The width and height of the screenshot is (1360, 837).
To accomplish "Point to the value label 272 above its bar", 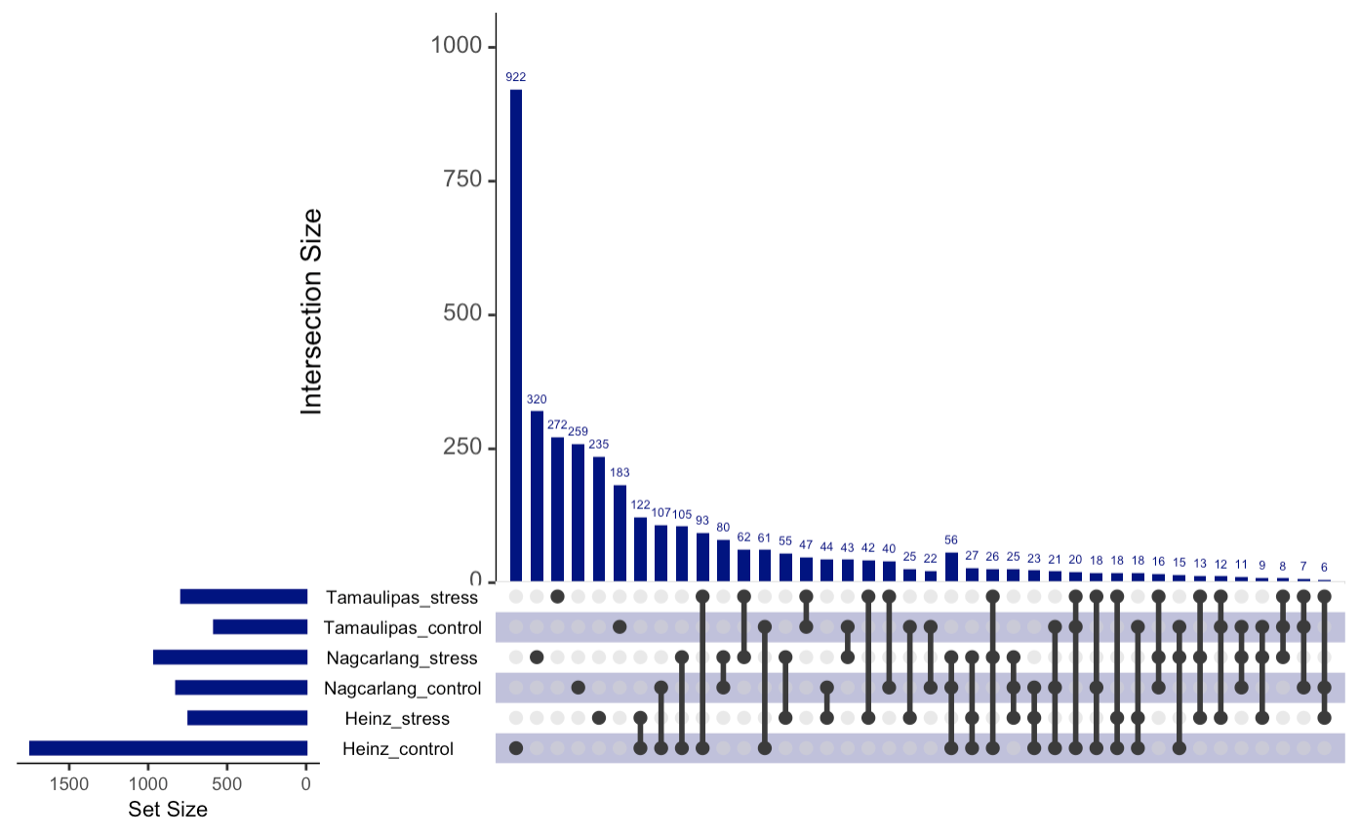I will point(557,425).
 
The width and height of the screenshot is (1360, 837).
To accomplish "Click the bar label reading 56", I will point(951,539).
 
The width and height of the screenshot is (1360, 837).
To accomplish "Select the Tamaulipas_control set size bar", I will point(260,626).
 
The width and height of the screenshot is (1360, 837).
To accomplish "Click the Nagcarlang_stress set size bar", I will point(230,658).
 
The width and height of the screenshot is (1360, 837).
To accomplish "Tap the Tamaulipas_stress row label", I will point(402,597).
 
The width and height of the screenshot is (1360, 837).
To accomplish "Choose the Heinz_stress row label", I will point(397,719).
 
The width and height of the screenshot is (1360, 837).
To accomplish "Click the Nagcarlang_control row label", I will point(402,689).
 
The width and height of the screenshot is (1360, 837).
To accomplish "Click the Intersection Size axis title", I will point(312,312).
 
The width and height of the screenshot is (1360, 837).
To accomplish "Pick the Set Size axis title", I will point(168,810).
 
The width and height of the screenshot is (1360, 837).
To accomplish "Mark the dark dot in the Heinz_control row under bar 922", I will point(516,748).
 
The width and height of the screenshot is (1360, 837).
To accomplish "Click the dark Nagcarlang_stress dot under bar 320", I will point(537,658).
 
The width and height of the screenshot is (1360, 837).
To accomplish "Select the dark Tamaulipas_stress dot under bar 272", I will point(557,596).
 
